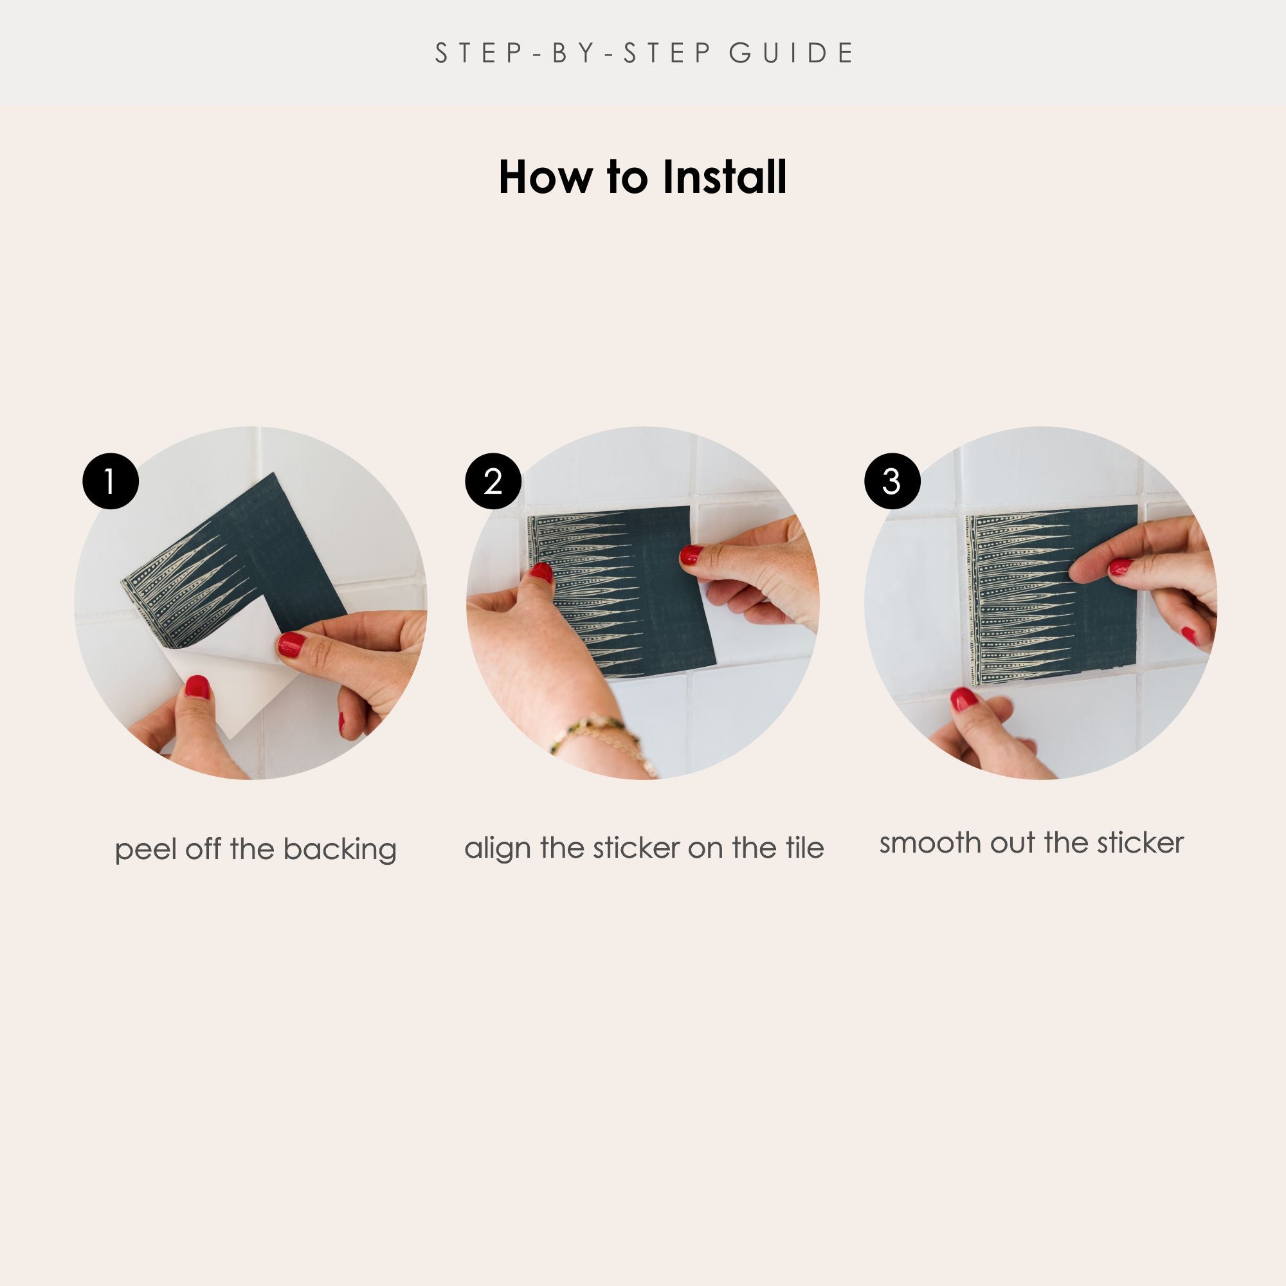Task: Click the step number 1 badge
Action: click(111, 481)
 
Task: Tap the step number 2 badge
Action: click(493, 481)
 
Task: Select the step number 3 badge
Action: click(892, 481)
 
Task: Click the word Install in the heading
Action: click(724, 177)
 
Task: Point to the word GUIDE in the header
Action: click(792, 53)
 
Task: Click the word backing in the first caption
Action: click(340, 850)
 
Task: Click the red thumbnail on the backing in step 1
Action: click(197, 686)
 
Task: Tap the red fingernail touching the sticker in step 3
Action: click(1120, 567)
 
